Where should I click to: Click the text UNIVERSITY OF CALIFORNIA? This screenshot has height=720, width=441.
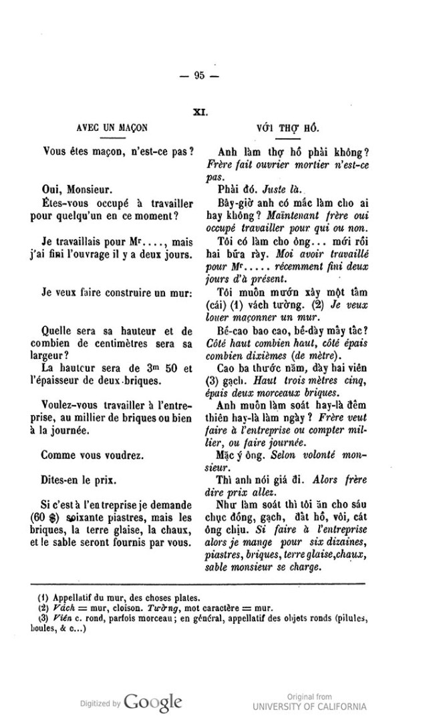click(x=309, y=707)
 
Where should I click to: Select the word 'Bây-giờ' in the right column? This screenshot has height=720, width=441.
click(x=235, y=202)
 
